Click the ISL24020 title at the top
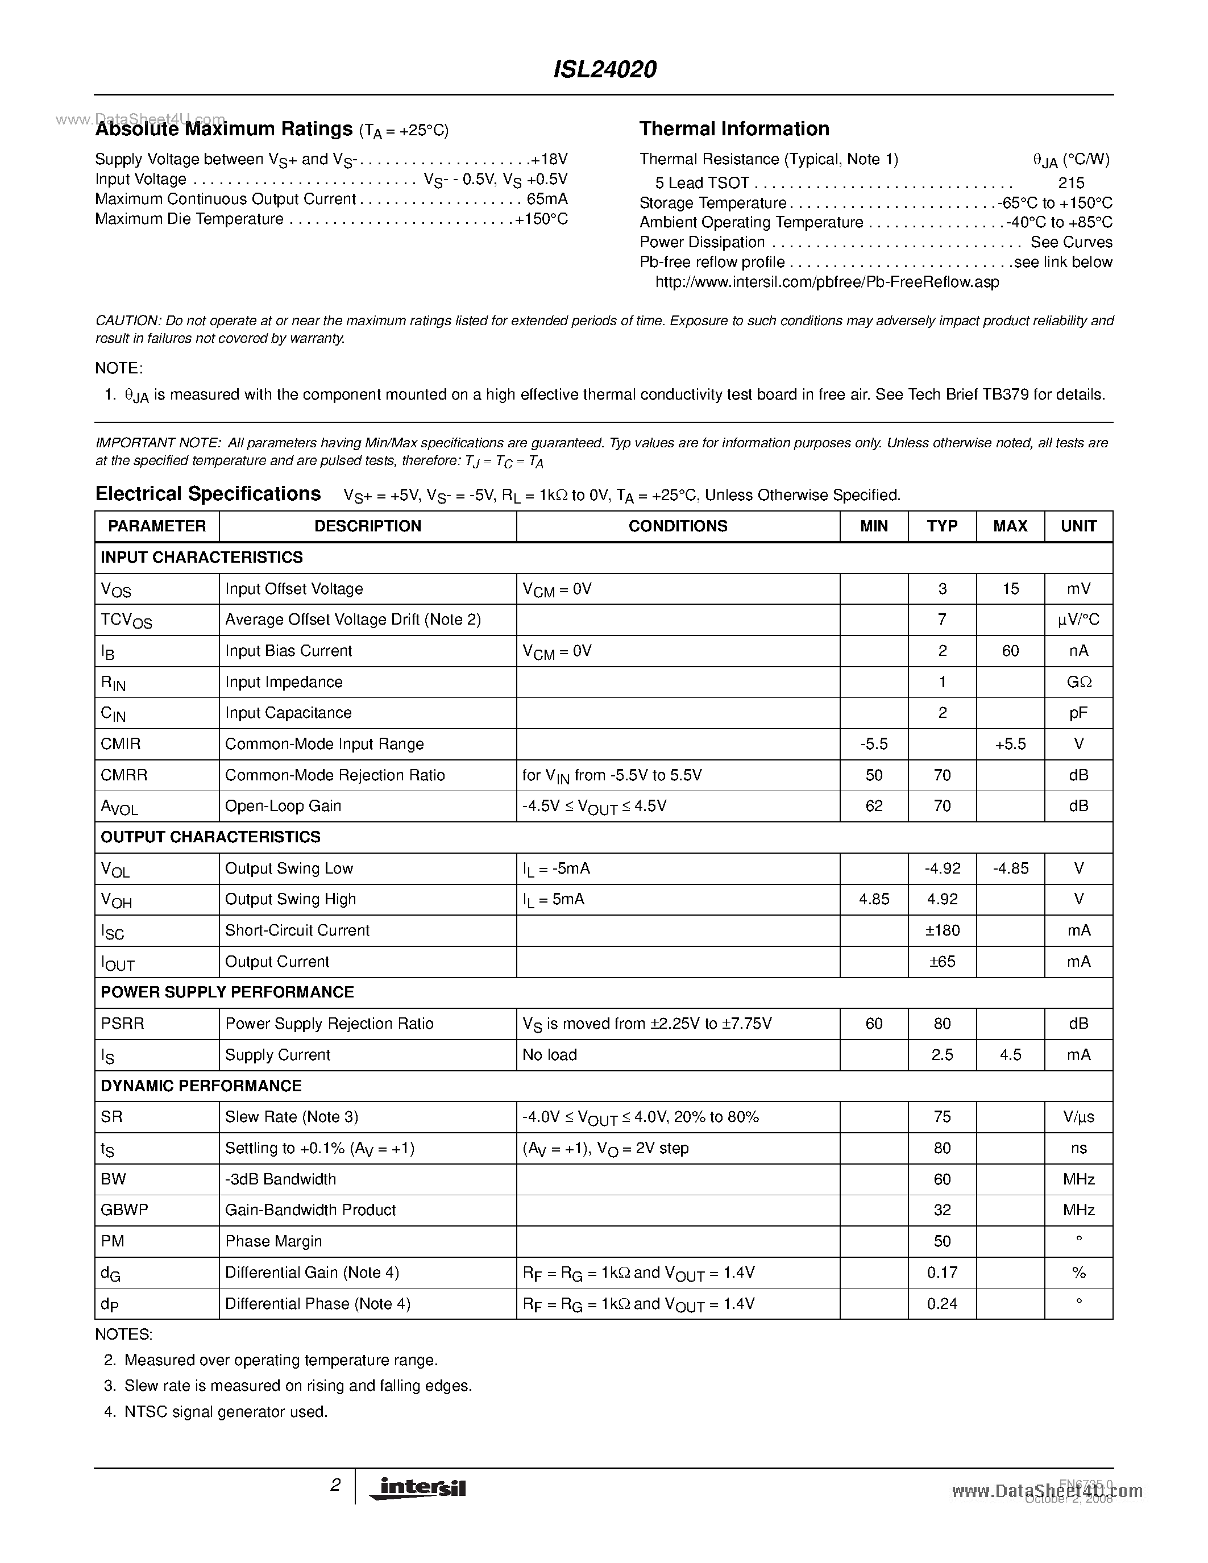(605, 69)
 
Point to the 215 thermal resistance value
(1072, 182)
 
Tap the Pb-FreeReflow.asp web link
(827, 282)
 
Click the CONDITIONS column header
(677, 526)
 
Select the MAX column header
(1010, 526)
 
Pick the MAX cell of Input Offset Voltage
(1010, 589)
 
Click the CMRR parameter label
(124, 775)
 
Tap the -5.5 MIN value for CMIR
(873, 745)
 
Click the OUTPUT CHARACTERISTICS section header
(210, 837)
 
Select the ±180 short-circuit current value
(942, 930)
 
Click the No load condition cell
(550, 1055)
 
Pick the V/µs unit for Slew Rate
(1078, 1117)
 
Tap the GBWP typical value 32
(942, 1210)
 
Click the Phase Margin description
(273, 1242)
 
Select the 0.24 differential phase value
(942, 1304)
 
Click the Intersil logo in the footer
(417, 1488)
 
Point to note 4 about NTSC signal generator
(226, 1412)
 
